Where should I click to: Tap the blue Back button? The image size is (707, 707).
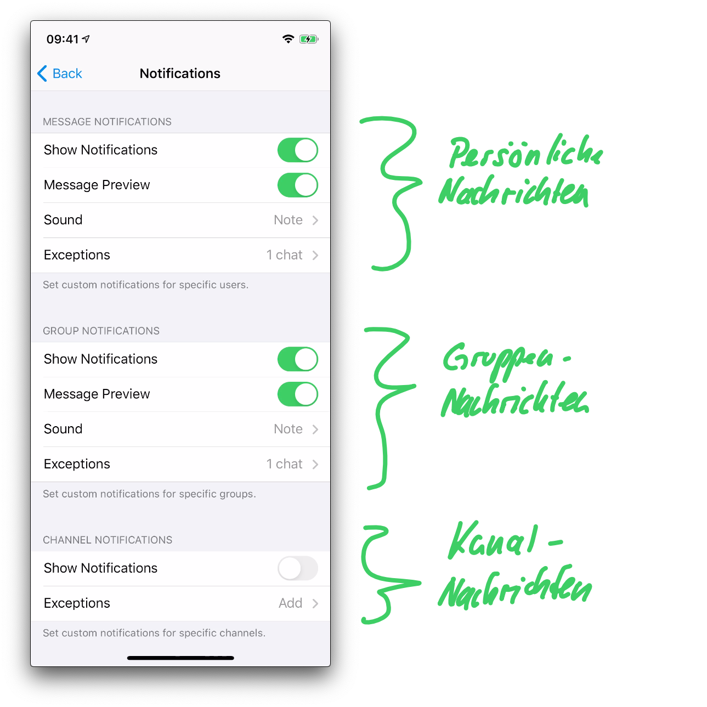pos(60,73)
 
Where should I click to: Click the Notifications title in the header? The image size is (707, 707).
pos(180,73)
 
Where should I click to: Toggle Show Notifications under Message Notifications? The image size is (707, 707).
pos(297,150)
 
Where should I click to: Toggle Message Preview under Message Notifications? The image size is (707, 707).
pos(297,185)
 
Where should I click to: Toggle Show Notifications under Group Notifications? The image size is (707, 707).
pos(297,359)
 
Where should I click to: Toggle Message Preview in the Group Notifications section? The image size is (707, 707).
pos(297,394)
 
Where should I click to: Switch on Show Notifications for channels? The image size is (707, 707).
pos(297,568)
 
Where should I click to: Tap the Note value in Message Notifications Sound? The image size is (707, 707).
pos(288,220)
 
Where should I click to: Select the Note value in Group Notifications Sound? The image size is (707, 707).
pos(288,429)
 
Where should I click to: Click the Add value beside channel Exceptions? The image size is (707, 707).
pos(290,603)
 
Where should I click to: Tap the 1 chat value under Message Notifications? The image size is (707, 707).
pos(284,255)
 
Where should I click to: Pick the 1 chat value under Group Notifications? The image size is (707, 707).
pos(284,464)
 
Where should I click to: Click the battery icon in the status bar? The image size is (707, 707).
pos(308,39)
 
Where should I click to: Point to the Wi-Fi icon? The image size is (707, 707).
pos(288,39)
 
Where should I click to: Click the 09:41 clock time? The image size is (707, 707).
pos(63,39)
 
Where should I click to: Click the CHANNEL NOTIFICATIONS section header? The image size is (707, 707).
pos(108,540)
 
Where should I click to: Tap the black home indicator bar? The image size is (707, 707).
pos(180,658)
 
